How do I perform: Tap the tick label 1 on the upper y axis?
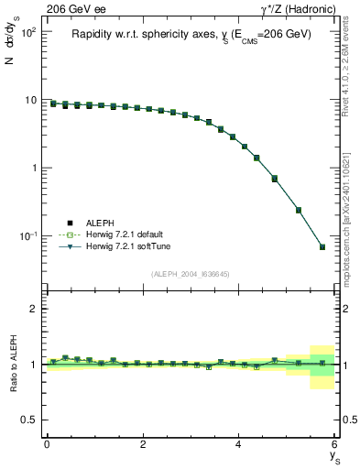tap(34, 168)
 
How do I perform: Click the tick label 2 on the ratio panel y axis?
tap(34, 309)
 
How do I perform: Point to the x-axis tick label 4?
tap(239, 444)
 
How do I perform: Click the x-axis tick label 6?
tap(334, 444)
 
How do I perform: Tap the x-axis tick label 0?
tap(47, 444)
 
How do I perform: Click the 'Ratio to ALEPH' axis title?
tap(13, 365)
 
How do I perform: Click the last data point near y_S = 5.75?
tap(322, 246)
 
